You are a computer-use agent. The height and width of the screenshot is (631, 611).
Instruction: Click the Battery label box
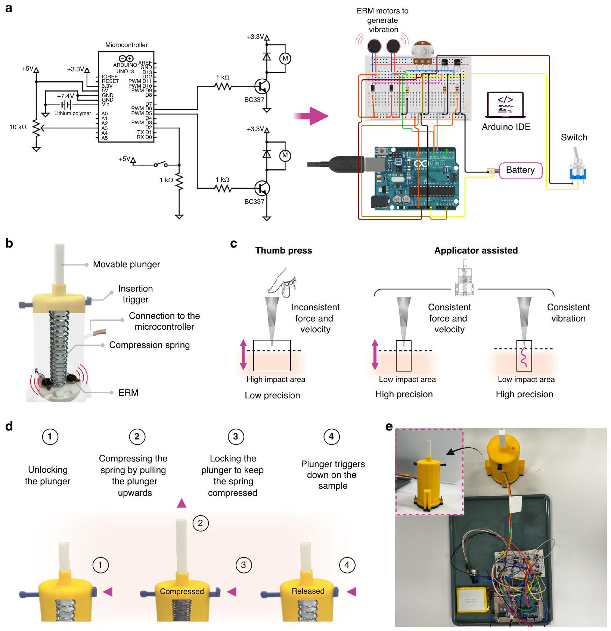click(x=521, y=170)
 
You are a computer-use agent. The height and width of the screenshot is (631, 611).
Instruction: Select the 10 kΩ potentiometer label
click(x=18, y=127)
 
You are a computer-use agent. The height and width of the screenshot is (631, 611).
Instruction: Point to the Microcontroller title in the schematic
click(x=126, y=45)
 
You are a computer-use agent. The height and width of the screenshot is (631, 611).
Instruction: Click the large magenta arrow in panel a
click(x=311, y=116)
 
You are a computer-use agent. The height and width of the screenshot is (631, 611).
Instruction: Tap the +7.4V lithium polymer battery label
click(x=65, y=96)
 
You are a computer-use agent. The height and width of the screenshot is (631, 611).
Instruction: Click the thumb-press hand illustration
click(x=283, y=282)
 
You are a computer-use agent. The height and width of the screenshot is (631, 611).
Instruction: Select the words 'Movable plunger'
click(x=126, y=264)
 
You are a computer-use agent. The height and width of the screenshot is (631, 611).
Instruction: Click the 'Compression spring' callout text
click(x=149, y=345)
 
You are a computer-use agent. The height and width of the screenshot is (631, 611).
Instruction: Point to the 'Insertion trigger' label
click(x=135, y=294)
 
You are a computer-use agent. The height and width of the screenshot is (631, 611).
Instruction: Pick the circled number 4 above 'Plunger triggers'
click(x=331, y=436)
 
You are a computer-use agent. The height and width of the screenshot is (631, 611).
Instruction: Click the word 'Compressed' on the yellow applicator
click(x=182, y=591)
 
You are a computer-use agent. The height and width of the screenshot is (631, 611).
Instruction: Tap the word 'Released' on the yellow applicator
click(x=308, y=591)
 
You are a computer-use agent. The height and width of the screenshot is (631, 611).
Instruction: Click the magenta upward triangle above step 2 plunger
click(x=182, y=503)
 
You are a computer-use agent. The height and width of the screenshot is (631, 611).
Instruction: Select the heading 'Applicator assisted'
click(x=476, y=251)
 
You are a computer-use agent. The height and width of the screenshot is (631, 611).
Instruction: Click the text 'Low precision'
click(x=272, y=395)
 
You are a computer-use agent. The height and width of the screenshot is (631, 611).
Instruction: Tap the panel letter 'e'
click(x=389, y=426)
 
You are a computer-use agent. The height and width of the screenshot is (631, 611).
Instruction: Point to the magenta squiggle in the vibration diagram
click(x=524, y=357)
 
